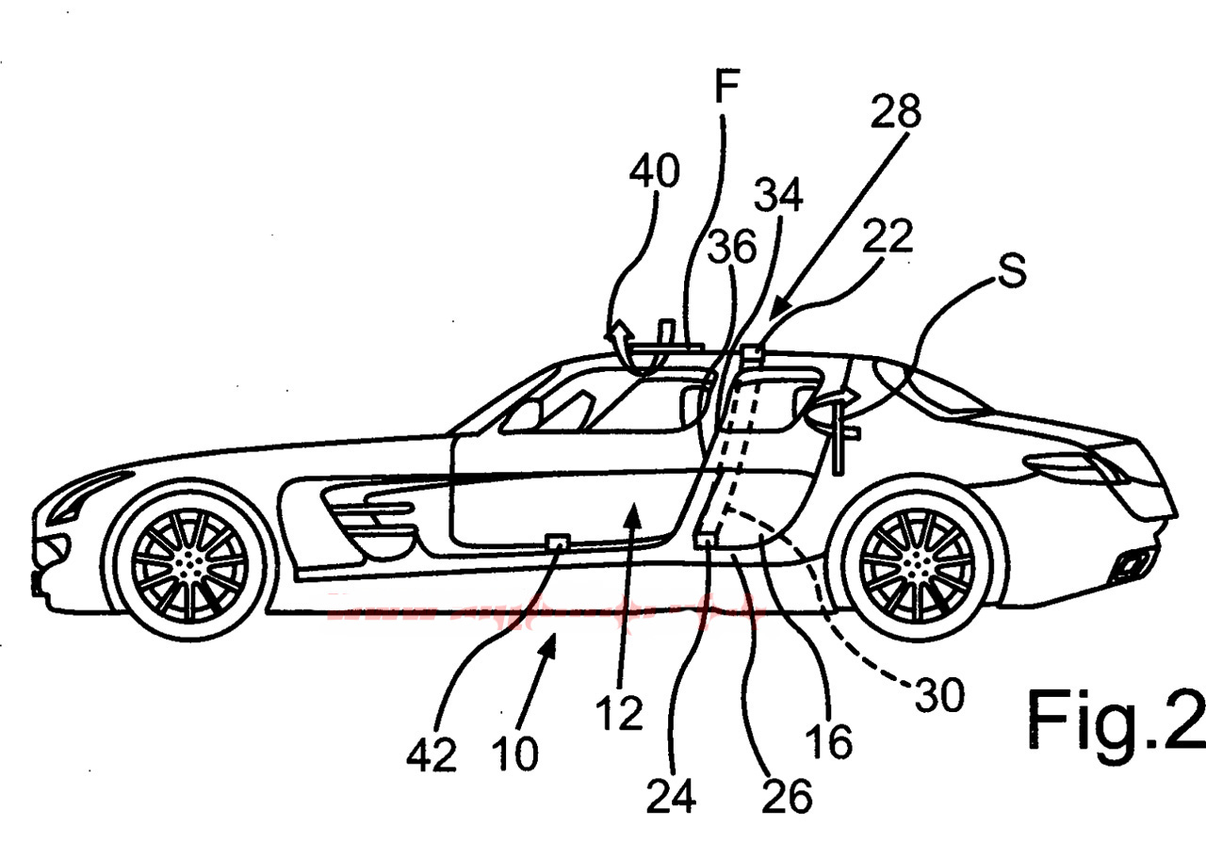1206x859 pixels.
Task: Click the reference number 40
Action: (653, 174)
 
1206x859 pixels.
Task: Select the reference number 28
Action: (894, 112)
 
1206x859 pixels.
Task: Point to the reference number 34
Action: (778, 197)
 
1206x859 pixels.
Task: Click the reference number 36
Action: (732, 248)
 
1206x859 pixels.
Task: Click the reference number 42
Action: (432, 754)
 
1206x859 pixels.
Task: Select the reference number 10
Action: (513, 754)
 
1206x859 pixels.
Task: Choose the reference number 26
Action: (788, 796)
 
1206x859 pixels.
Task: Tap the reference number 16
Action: (829, 741)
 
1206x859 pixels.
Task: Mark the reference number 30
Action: (938, 697)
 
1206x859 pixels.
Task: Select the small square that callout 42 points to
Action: (558, 541)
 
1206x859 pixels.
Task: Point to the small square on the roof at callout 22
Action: (752, 353)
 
